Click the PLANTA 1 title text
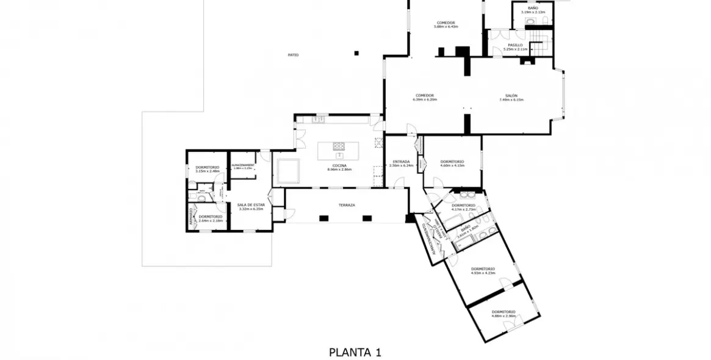pos(355,352)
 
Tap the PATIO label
pos(294,55)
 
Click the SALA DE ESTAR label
pos(251,204)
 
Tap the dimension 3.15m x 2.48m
pos(208,171)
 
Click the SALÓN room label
pos(511,96)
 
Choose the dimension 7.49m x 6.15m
pos(511,100)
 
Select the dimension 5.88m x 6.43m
pos(446,27)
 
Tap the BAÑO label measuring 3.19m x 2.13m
pos(533,8)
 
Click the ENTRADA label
pos(401,161)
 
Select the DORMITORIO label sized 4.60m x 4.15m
pos(452,161)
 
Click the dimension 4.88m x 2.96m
pos(504,316)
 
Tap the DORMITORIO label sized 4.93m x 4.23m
pos(483,268)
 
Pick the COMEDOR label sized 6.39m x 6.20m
pos(425,95)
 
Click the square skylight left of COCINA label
pos(288,171)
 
